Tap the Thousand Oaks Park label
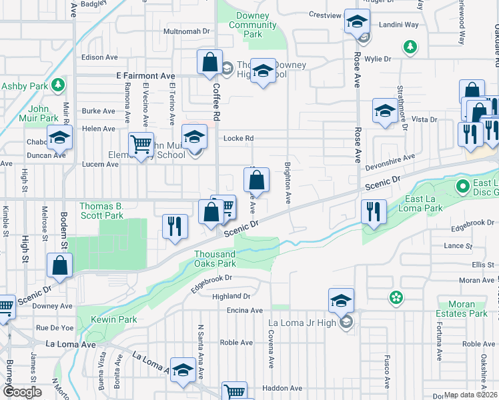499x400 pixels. (215, 259)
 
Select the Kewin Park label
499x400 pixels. (109, 319)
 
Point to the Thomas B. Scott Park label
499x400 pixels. (101, 211)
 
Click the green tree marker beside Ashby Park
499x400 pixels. (59, 85)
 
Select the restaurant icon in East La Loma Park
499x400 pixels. (374, 211)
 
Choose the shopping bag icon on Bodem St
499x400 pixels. (60, 265)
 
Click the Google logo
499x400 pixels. (22, 392)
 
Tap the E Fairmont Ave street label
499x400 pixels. (145, 77)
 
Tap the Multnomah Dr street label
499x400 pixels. (187, 31)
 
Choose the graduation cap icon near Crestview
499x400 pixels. (357, 22)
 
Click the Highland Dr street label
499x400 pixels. (231, 296)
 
